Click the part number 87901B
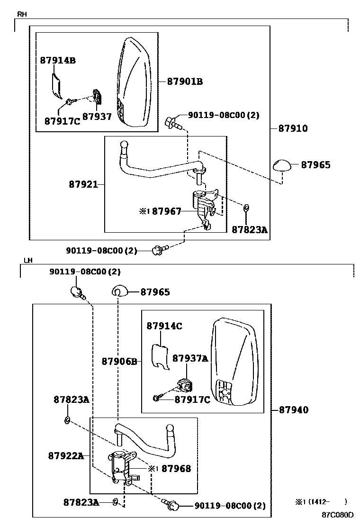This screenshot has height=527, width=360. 185,82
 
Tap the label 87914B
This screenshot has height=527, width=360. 58,60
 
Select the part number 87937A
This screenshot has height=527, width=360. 190,359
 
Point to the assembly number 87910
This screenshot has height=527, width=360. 292,128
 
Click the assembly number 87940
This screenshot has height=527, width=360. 293,410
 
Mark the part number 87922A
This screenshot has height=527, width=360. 66,456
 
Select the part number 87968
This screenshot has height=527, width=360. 176,469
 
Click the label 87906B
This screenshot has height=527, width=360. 119,362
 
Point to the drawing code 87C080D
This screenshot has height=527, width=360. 338,515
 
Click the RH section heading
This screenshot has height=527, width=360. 22,15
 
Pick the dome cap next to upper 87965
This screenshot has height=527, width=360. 282,166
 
